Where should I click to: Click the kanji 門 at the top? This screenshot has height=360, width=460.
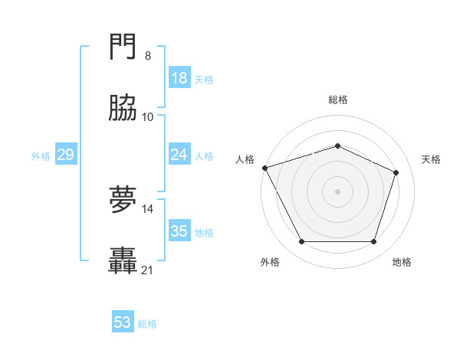123,49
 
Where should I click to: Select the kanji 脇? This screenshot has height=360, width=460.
123,109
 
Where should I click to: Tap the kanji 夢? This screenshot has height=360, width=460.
123,201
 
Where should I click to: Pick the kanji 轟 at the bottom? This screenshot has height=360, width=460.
123,261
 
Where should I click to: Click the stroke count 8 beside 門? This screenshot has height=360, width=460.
147,56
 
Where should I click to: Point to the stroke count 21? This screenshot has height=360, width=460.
148,270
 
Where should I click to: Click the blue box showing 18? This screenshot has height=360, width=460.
179,78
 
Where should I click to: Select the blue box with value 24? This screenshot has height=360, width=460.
179,155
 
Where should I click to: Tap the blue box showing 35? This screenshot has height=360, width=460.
179,231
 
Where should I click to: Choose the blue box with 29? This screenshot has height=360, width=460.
65,155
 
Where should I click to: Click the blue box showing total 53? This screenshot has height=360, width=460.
123,322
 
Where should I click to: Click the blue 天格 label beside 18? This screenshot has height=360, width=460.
204,79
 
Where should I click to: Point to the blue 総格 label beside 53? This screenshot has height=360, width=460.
147,324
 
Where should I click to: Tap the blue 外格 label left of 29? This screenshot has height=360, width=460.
41,155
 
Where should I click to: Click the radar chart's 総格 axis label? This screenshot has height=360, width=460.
338,100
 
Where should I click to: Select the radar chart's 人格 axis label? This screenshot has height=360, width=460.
245,159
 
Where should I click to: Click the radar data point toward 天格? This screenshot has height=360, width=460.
396,172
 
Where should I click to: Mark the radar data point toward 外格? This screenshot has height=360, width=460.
301,242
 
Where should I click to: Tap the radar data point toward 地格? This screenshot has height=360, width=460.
374,242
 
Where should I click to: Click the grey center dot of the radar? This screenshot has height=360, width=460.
337,191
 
